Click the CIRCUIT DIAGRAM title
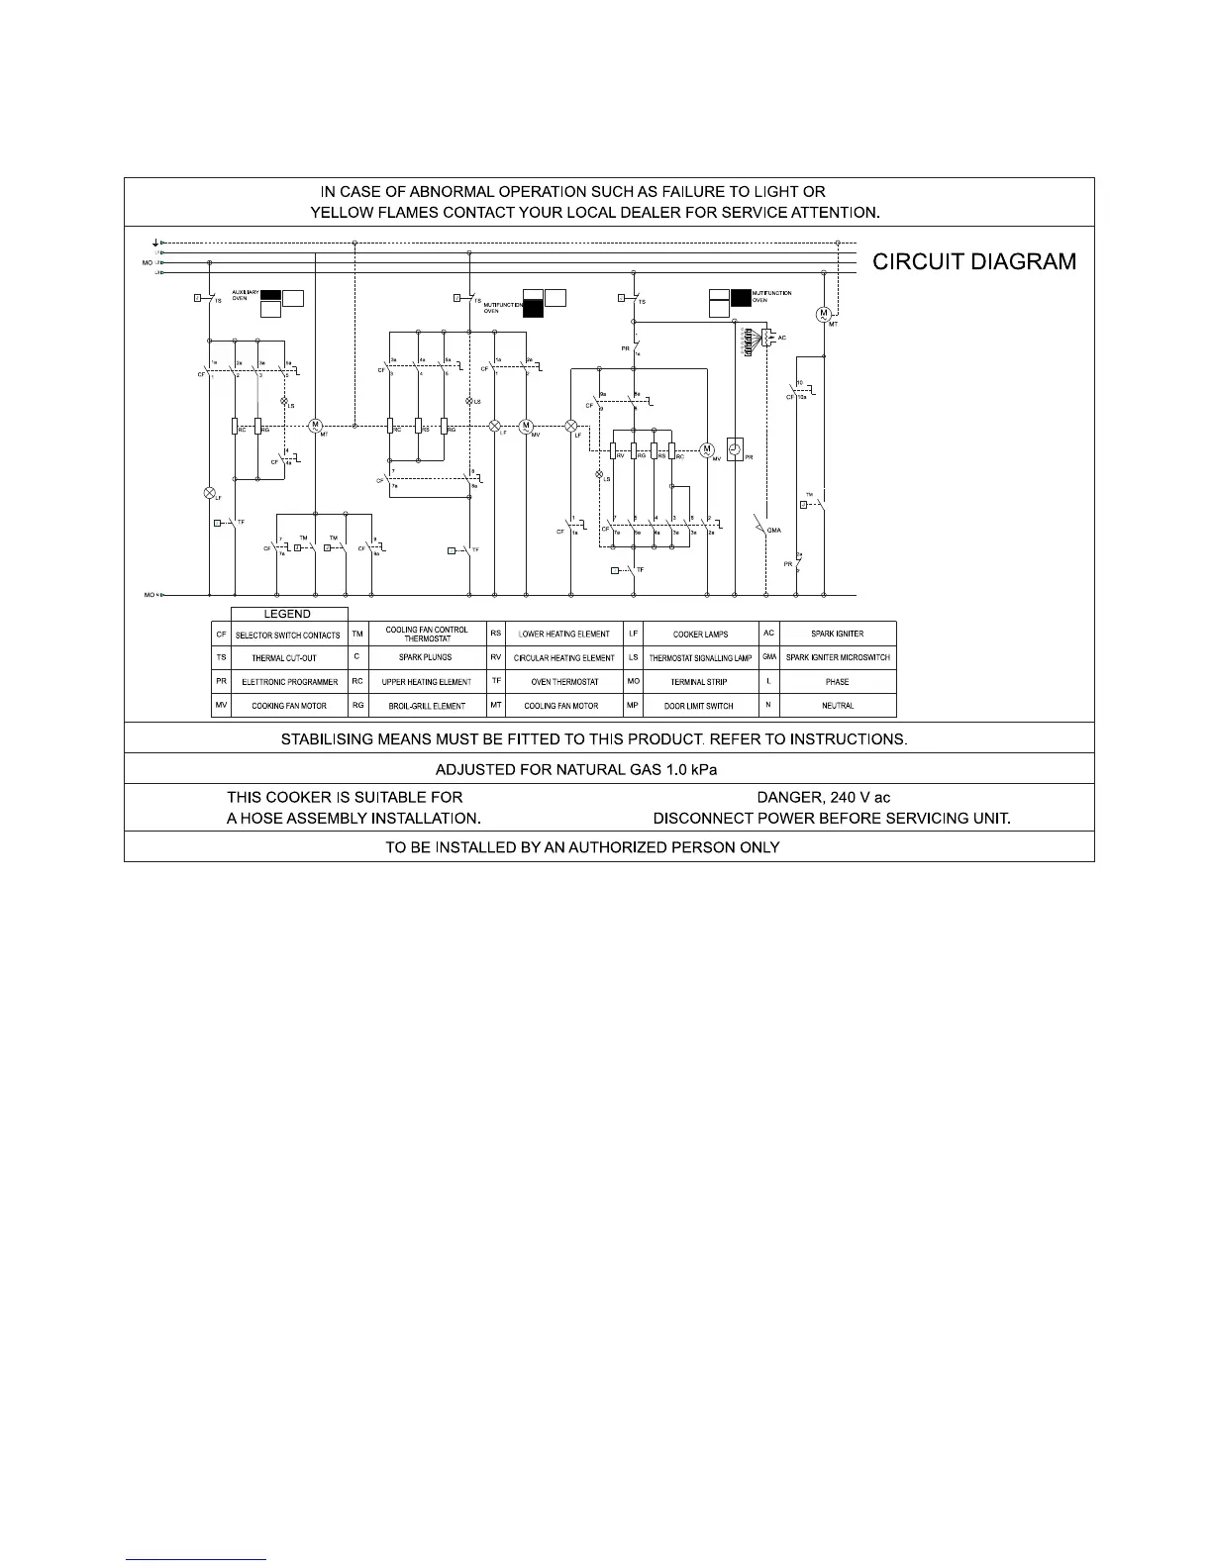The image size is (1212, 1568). click(973, 262)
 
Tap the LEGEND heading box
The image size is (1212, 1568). click(288, 614)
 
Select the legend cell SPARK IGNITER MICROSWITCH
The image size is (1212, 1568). click(838, 657)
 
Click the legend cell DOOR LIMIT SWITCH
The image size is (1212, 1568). click(700, 706)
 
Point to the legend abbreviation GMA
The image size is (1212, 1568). click(768, 657)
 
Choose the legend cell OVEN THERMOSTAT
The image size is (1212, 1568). click(564, 682)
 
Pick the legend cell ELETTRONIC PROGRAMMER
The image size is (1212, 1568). click(289, 682)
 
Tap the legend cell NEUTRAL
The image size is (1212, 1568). click(838, 706)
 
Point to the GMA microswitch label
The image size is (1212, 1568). click(774, 530)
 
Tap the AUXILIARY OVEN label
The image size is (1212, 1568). click(245, 295)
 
